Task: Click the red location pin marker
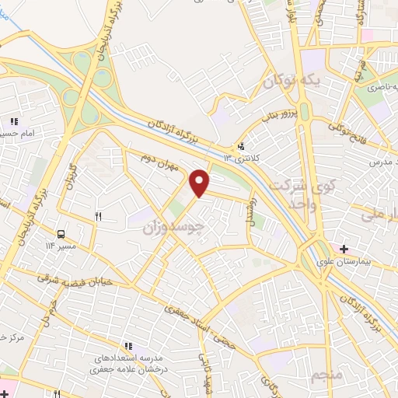tap(201, 183)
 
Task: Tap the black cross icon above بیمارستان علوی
tap(344, 250)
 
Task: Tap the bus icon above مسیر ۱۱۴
tap(60, 233)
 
